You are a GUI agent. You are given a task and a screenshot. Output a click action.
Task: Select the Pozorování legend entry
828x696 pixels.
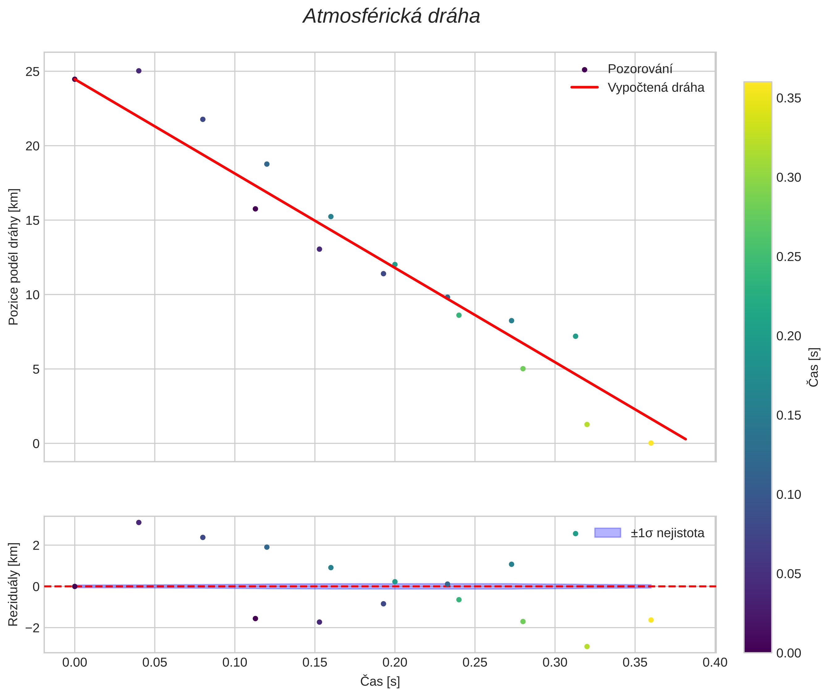coord(640,69)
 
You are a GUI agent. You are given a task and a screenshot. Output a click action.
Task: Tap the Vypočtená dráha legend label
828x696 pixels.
coord(656,88)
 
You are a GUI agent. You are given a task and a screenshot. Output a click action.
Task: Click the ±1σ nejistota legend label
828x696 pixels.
coord(667,533)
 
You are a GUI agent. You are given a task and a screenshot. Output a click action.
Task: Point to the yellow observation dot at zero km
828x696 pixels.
coord(651,443)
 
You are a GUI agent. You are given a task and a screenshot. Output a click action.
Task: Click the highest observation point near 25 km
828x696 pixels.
coord(138,71)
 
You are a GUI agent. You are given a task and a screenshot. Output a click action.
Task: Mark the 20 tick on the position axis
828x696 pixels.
coord(33,146)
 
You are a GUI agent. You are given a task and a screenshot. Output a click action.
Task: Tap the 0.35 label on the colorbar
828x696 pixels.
coord(788,98)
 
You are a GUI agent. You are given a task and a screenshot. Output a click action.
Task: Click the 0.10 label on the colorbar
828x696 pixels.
coord(788,494)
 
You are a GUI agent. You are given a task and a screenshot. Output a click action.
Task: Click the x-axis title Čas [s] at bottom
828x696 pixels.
coord(380,681)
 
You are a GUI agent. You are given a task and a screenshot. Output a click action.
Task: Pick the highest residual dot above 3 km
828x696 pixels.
coord(138,522)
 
